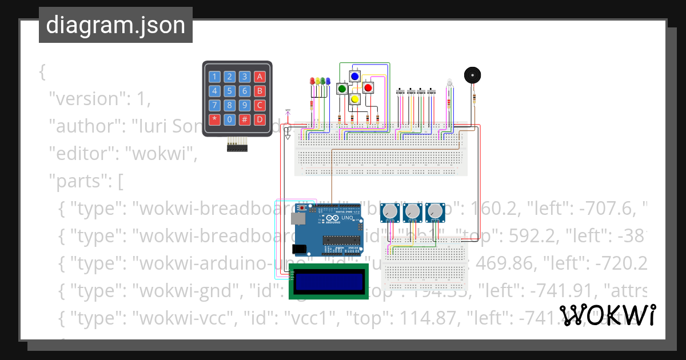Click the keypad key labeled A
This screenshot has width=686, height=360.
[x=260, y=77]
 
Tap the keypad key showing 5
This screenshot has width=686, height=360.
[x=229, y=91]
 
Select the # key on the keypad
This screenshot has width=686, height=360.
[x=245, y=119]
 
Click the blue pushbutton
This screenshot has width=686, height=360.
[x=354, y=76]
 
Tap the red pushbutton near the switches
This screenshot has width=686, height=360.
[x=368, y=87]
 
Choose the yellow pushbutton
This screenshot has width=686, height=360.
[x=354, y=99]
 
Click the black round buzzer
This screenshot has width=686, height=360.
[x=472, y=75]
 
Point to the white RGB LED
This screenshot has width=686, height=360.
[x=449, y=83]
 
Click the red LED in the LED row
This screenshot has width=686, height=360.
[x=312, y=81]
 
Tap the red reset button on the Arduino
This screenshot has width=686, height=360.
[x=313, y=209]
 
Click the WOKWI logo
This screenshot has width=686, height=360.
[x=607, y=315]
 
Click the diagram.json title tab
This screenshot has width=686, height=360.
[x=115, y=26]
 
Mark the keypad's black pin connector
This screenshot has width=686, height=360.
[x=238, y=147]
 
